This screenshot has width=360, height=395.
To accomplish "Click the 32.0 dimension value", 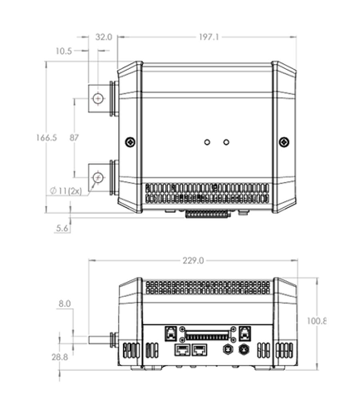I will click(x=104, y=37).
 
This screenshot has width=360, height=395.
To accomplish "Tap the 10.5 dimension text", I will click(x=64, y=51).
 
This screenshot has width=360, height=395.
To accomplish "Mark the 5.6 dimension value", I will click(x=62, y=228).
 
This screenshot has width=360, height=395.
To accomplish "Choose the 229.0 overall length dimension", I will click(x=192, y=260).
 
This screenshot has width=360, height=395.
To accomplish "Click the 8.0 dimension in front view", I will click(x=65, y=305).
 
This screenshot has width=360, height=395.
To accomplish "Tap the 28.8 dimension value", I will click(x=60, y=357).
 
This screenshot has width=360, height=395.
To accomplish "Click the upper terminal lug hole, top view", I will click(x=99, y=98).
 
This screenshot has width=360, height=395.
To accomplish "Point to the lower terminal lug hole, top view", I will click(x=99, y=177).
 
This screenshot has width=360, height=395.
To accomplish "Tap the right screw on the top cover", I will click(x=284, y=141).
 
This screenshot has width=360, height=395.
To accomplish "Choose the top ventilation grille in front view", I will click(x=208, y=288).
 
